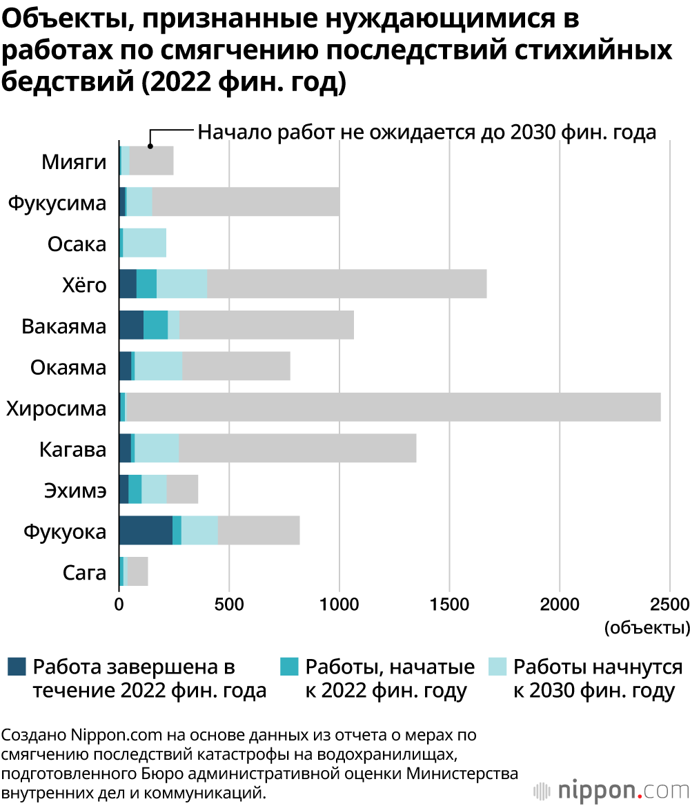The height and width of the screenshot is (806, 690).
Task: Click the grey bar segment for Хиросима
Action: [x=393, y=407]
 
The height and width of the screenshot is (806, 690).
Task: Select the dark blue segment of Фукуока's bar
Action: [x=145, y=531]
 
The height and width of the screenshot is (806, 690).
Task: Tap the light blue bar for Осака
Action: [x=144, y=242]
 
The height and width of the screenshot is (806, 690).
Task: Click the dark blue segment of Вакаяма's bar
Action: [x=131, y=325]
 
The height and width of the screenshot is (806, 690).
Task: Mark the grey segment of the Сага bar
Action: [x=138, y=572]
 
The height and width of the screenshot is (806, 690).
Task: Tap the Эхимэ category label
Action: [x=75, y=491]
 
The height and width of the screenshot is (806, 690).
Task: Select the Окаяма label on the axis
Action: [x=68, y=367]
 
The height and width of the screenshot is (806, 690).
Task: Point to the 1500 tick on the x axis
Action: [x=449, y=605]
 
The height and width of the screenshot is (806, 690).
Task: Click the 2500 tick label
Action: [x=669, y=605]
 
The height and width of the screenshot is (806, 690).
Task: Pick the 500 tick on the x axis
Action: [x=229, y=605]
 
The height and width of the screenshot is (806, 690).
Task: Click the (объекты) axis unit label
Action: [x=647, y=628]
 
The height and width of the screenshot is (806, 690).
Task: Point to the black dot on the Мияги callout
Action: [x=150, y=146]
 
